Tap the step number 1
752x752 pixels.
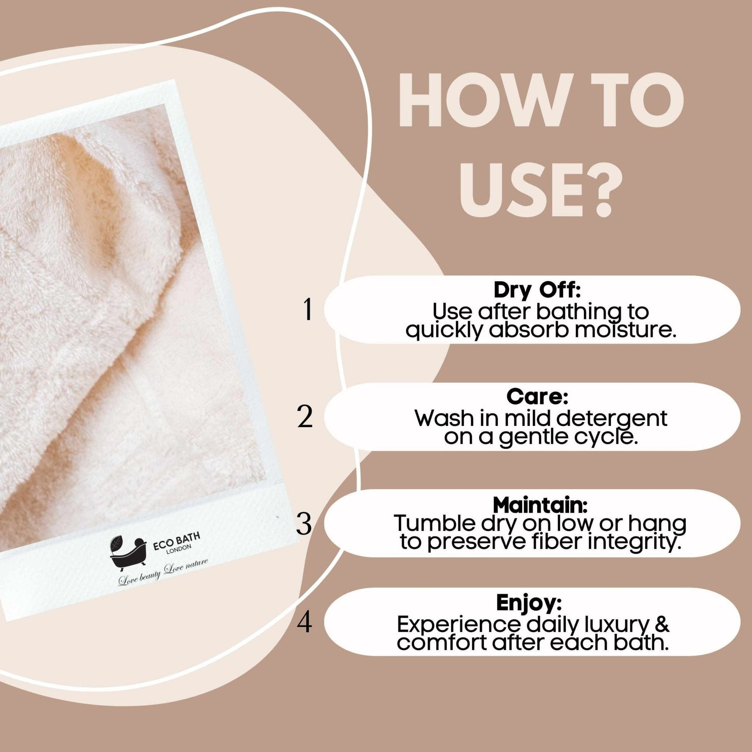point(308,310)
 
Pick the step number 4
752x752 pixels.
point(305,623)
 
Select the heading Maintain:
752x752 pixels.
point(539,505)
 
